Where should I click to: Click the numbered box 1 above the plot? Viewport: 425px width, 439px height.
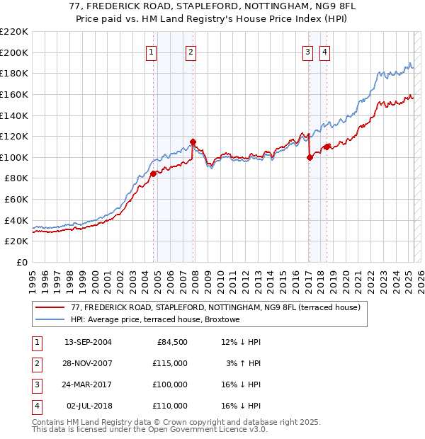[x=152, y=52]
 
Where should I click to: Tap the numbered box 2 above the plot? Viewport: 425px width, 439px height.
[x=191, y=52]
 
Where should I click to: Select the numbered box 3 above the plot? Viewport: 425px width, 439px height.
[x=308, y=52]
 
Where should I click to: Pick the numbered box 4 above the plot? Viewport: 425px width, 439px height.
[x=324, y=52]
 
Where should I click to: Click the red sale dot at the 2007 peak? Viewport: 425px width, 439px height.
[x=193, y=142]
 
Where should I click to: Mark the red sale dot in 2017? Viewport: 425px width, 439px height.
[x=310, y=157]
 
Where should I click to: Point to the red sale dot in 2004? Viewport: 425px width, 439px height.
[x=153, y=173]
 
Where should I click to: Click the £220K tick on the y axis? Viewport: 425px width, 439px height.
[x=14, y=32]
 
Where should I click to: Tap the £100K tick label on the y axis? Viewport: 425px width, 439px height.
[x=14, y=157]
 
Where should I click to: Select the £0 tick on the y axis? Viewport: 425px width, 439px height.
[x=22, y=262]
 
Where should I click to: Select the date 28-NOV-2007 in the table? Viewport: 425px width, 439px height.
[x=88, y=364]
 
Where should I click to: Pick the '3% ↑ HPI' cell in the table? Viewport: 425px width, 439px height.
[x=244, y=364]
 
